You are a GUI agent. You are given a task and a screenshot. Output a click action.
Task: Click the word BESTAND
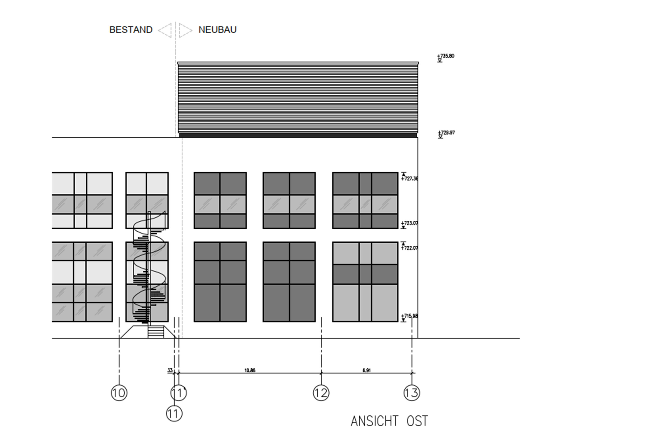[131, 30]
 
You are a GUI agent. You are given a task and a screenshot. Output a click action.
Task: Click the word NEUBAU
[217, 30]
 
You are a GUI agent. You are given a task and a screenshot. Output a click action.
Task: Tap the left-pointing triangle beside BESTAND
[165, 30]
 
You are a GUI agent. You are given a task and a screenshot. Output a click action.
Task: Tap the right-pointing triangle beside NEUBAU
[185, 30]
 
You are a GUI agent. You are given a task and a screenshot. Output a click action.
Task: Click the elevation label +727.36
[409, 179]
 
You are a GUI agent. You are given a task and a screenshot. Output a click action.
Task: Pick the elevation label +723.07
[409, 223]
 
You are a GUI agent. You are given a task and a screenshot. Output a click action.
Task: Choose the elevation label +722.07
[409, 248]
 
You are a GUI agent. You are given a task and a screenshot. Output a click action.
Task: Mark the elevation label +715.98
[409, 316]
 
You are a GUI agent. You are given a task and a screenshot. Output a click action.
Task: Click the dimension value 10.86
[250, 370]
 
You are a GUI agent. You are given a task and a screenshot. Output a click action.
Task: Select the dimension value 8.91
[366, 370]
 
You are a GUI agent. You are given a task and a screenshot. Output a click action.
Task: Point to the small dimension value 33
[170, 370]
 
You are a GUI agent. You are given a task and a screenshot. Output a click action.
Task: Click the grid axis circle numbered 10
[119, 393]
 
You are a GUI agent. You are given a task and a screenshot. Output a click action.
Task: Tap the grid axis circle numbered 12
[321, 393]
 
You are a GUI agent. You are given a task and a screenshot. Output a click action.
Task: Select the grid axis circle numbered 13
[412, 393]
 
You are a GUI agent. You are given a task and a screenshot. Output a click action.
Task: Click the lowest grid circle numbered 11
[174, 414]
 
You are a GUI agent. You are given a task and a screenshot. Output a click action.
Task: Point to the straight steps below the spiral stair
[156, 332]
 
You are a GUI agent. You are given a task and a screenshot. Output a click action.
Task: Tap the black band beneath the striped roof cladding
[298, 135]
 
